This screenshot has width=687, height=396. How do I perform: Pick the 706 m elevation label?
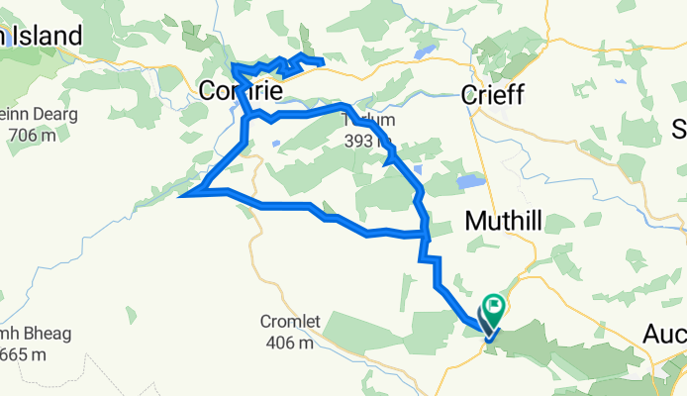(x=29, y=135)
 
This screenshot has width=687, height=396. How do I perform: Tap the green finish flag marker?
(x=493, y=306)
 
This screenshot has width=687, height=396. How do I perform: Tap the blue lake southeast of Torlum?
(x=468, y=182)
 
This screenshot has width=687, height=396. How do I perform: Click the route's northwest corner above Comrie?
(x=233, y=65)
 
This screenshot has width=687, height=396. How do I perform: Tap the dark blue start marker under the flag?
(x=487, y=324)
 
